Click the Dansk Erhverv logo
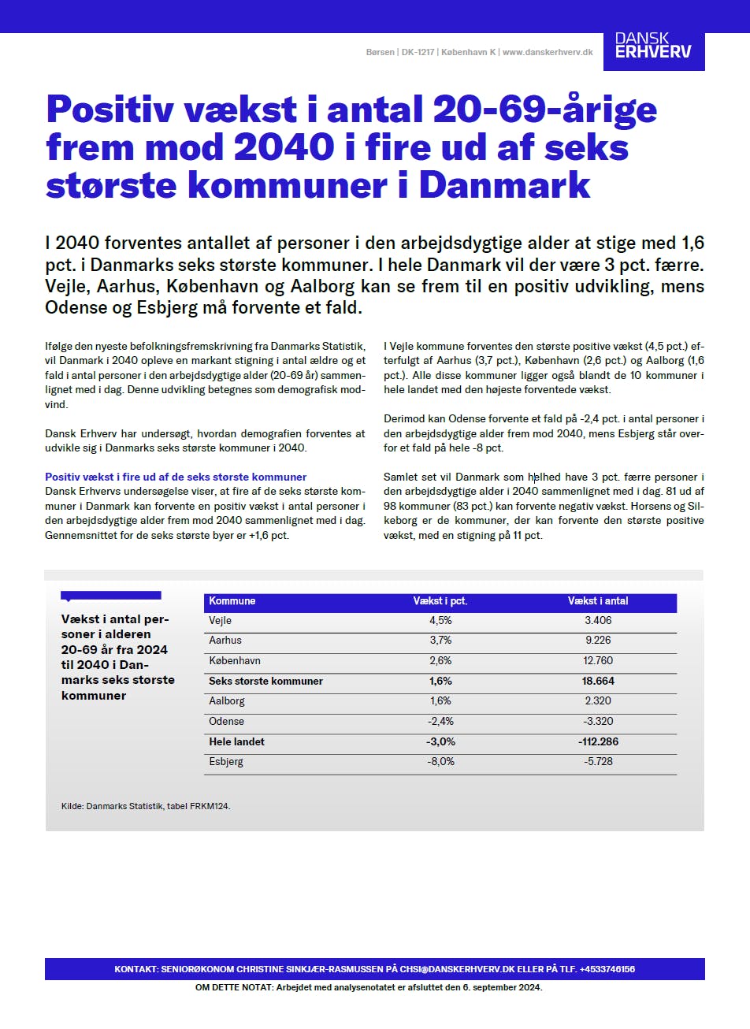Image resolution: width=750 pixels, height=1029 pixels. click(653, 47)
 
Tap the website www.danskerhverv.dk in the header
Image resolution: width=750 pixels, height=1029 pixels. click(548, 53)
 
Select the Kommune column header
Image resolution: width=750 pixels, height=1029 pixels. click(232, 601)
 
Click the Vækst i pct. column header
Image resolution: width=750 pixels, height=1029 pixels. click(440, 601)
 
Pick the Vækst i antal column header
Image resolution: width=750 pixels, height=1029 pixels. click(598, 601)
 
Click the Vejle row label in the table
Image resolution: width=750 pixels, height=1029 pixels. click(221, 621)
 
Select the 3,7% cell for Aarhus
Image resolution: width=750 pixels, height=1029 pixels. click(440, 641)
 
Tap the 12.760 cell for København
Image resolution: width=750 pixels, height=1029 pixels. click(598, 661)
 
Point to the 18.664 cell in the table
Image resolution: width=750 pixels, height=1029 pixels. click(598, 682)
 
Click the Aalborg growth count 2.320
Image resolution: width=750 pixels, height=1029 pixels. click(598, 701)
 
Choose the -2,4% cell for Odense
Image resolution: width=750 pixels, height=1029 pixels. click(440, 722)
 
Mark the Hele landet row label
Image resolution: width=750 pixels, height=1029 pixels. click(236, 742)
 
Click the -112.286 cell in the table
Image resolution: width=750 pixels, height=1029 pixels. click(598, 742)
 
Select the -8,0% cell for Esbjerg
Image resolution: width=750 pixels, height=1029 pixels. click(440, 762)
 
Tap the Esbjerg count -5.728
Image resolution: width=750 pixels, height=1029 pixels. click(598, 762)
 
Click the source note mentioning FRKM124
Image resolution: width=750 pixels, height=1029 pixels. click(146, 807)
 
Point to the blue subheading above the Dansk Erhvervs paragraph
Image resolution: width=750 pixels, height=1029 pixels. click(176, 477)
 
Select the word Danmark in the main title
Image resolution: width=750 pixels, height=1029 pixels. click(504, 185)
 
